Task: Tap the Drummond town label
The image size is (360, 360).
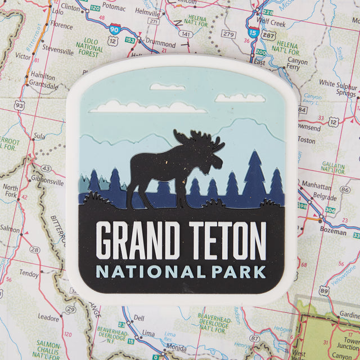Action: point(160,43)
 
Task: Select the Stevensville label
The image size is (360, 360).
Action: point(57,51)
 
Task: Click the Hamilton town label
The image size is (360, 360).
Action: point(43,76)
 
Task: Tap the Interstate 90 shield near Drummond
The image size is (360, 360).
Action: point(115,29)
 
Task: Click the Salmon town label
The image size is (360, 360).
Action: point(10,229)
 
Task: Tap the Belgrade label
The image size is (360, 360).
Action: point(325,197)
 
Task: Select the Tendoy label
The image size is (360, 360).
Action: point(29,273)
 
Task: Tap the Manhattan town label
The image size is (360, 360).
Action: point(316,184)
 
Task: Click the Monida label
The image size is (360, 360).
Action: point(176,348)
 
